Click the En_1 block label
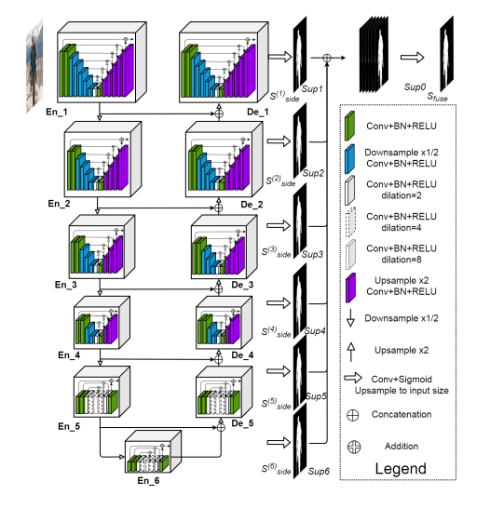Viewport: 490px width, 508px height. click(57, 112)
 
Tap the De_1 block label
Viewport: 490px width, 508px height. click(257, 112)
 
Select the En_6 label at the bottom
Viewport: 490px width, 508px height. click(148, 480)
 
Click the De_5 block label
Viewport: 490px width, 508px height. click(242, 423)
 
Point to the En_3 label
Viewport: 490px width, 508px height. click(66, 285)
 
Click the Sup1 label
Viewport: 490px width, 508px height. click(312, 88)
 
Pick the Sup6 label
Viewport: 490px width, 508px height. click(319, 471)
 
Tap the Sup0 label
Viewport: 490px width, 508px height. click(415, 87)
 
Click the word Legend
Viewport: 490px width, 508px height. click(401, 469)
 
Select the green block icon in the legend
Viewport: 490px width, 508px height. click(349, 126)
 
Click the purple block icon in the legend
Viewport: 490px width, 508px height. click(350, 287)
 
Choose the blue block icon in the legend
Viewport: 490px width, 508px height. click(349, 159)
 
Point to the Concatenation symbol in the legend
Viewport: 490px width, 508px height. click(352, 415)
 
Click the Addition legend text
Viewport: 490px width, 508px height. click(402, 446)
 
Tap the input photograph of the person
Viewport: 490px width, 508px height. click(34, 66)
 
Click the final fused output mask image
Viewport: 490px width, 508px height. click(446, 54)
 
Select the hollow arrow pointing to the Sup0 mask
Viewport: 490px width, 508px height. click(412, 58)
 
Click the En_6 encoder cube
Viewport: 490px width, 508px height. click(153, 451)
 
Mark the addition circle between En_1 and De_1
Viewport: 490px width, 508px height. click(219, 114)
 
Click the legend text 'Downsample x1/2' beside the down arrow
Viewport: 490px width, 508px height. click(402, 318)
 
